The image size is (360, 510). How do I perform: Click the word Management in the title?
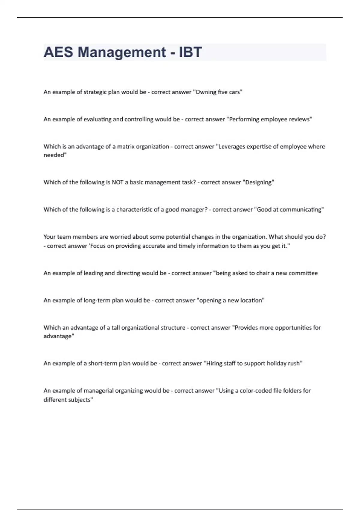pos(121,52)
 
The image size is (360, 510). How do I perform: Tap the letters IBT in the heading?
pos(190,52)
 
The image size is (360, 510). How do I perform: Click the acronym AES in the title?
pos(58,52)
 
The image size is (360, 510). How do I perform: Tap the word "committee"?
pos(303,273)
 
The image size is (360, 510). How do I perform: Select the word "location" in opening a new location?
pos(252,301)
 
